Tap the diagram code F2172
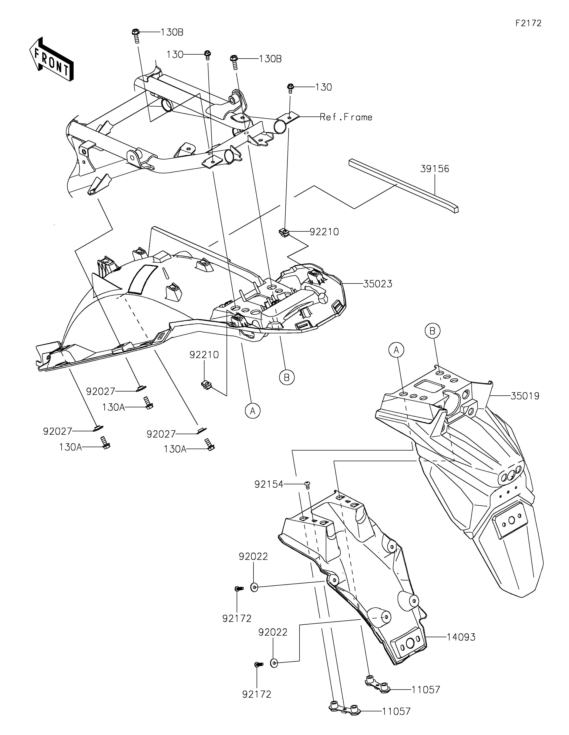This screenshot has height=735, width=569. click(528, 23)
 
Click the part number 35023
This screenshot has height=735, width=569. click(377, 284)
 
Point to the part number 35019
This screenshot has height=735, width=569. click(525, 396)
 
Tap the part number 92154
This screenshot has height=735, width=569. click(269, 485)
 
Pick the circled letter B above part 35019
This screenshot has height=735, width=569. click(432, 331)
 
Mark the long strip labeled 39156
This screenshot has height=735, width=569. click(403, 186)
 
